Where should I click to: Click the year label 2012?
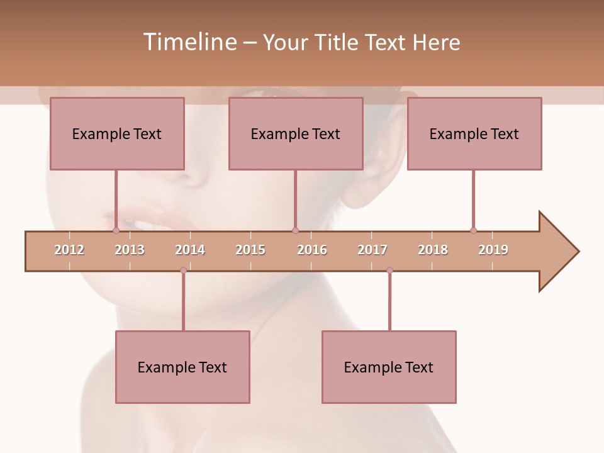pos(69,250)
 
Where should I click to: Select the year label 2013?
pos(130,250)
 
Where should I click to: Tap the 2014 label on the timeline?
pos(190,250)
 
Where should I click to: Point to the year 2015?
pos(250,250)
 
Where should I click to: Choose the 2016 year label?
pos(312,250)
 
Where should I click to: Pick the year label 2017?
pos(372,250)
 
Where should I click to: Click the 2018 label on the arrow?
pos(433,250)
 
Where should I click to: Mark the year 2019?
pos(493,250)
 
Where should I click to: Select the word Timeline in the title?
pos(189,42)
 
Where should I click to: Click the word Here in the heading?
pos(436,42)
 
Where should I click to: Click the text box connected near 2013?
pos(117,133)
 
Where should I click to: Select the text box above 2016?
pos(296,133)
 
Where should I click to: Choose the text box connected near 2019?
pos(474,133)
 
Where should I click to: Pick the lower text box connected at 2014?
pos(182,367)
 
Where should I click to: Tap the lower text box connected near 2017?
pos(389,367)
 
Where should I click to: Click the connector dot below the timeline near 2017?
pos(389,271)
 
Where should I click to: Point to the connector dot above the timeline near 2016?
pos(296,230)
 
